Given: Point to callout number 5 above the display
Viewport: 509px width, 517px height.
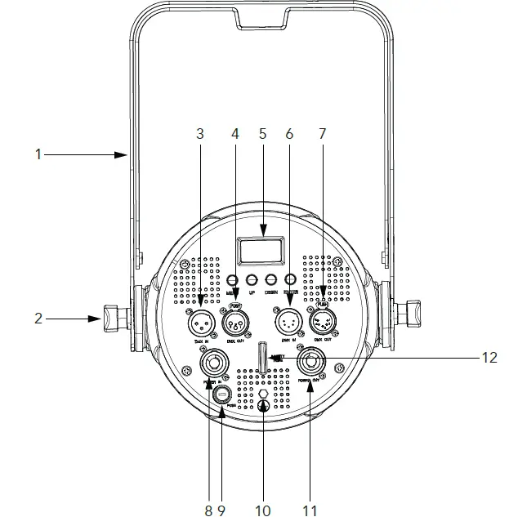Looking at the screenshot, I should [x=262, y=134].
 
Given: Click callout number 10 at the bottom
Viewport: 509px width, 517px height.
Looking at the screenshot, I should [x=262, y=510].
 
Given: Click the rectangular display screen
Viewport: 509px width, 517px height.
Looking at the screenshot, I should [x=262, y=251].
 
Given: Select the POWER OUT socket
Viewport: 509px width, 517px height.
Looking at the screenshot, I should [x=311, y=362].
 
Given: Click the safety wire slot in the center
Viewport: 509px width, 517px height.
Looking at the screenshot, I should [x=263, y=360].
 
